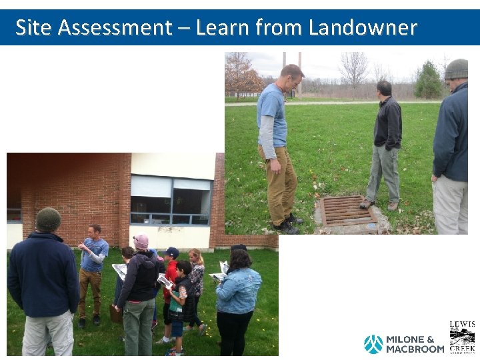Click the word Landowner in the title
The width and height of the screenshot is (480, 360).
[x=363, y=27]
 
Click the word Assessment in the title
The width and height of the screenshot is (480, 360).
[x=115, y=27]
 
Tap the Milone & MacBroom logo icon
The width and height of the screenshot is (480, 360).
[x=373, y=344]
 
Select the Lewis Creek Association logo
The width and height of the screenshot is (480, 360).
[x=462, y=337]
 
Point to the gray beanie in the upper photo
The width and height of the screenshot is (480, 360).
[x=457, y=69]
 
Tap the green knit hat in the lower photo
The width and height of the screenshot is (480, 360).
[x=48, y=219]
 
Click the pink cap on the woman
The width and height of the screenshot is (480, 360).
[x=141, y=241]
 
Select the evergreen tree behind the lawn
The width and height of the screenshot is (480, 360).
[x=427, y=81]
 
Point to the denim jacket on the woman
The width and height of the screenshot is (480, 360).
[x=238, y=290]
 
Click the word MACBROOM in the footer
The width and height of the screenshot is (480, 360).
[x=415, y=349]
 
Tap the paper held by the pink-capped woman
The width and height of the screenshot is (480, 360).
[x=121, y=270]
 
